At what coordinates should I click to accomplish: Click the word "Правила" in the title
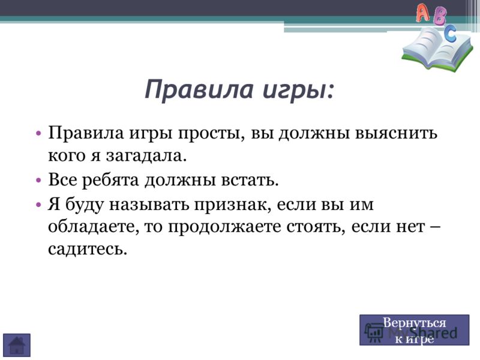(x=199, y=90)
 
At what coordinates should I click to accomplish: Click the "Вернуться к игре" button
(x=414, y=331)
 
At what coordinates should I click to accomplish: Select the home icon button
(x=17, y=345)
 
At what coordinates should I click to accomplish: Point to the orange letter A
(x=424, y=13)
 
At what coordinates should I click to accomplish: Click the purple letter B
(x=440, y=16)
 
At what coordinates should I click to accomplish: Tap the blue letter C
(x=450, y=34)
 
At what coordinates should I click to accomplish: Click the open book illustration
(x=437, y=50)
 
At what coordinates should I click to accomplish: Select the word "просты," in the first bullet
(x=211, y=134)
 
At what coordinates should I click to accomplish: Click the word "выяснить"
(x=396, y=133)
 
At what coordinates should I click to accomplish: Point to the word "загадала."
(x=146, y=156)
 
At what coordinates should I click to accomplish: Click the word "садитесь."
(x=88, y=250)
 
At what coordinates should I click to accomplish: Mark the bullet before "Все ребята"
(x=38, y=180)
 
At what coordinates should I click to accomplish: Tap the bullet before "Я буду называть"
(x=38, y=204)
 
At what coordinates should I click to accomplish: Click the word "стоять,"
(x=316, y=227)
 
